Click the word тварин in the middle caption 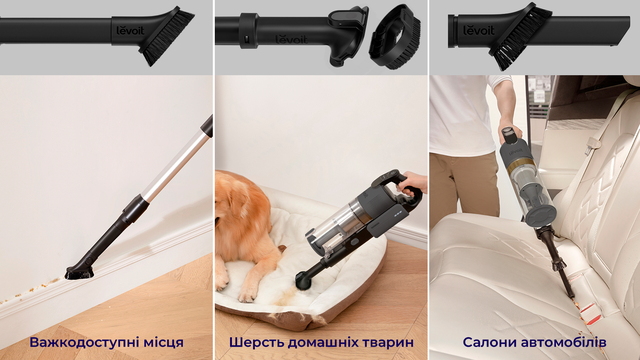(x=388, y=342)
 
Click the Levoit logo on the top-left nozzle (x=130, y=30)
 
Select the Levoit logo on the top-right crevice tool (x=478, y=30)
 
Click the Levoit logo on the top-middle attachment (x=291, y=39)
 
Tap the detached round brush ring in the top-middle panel (x=395, y=37)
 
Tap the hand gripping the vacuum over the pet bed (x=411, y=183)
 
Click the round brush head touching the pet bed (x=305, y=279)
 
